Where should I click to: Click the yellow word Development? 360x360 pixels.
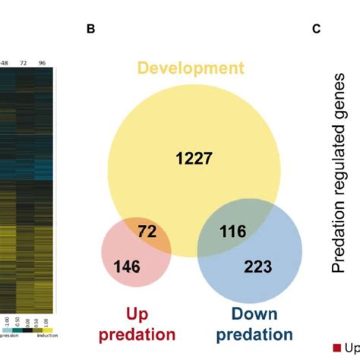[x=191, y=68]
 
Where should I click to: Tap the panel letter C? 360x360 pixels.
[x=316, y=30]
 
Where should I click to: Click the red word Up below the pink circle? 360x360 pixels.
[x=138, y=313]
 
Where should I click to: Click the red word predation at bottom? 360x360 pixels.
[x=138, y=333]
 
